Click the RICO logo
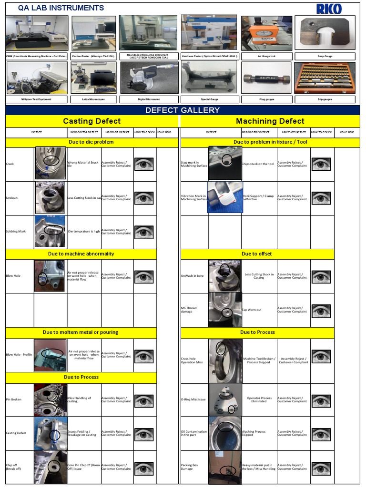(x=329, y=9)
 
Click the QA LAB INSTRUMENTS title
(x=61, y=8)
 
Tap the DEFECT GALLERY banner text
(x=183, y=110)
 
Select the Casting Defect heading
(x=92, y=121)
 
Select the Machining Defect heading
(x=270, y=121)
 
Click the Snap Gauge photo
(x=325, y=33)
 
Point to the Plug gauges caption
(x=266, y=99)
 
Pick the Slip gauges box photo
(x=325, y=78)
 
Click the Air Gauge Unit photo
(x=266, y=33)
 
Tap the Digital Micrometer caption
(x=149, y=99)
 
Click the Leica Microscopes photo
(x=93, y=78)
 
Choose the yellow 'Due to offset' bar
(x=256, y=254)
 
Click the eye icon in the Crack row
(x=143, y=165)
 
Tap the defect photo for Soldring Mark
(x=50, y=232)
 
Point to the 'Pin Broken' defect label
(x=14, y=399)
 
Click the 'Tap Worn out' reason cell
(x=252, y=310)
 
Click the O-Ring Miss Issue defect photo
(x=224, y=399)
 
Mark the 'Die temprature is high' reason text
(x=84, y=232)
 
